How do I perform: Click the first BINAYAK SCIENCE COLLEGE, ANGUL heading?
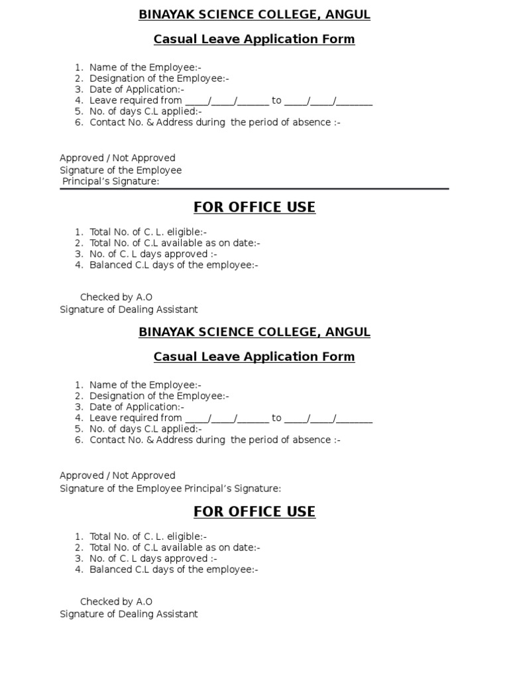pyautogui.click(x=254, y=15)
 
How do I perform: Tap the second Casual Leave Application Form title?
pyautogui.click(x=254, y=357)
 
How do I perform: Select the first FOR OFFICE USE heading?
pyautogui.click(x=254, y=208)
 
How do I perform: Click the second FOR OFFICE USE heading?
pyautogui.click(x=254, y=512)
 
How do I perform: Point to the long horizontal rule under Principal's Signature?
pyautogui.click(x=254, y=189)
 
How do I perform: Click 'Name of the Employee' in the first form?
pyautogui.click(x=145, y=67)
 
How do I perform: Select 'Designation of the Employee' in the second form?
pyautogui.click(x=159, y=396)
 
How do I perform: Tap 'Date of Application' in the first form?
pyautogui.click(x=137, y=90)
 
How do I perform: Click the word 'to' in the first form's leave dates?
pyautogui.click(x=276, y=101)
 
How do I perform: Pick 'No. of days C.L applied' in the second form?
pyautogui.click(x=146, y=429)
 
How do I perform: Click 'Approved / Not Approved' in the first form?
pyautogui.click(x=117, y=158)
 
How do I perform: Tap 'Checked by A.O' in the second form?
pyautogui.click(x=116, y=601)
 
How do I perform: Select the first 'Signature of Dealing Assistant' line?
pyautogui.click(x=129, y=310)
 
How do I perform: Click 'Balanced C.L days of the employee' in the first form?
pyautogui.click(x=174, y=265)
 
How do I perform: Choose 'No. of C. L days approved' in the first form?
pyautogui.click(x=153, y=254)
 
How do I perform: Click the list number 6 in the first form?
pyautogui.click(x=79, y=123)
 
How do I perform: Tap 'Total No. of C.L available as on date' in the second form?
pyautogui.click(x=175, y=548)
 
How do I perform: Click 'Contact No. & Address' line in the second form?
pyautogui.click(x=215, y=440)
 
